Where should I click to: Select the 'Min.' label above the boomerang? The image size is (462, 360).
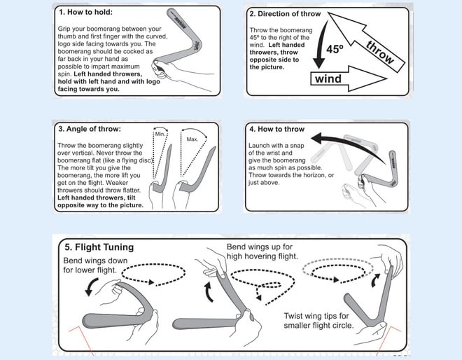coord(160,132)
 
